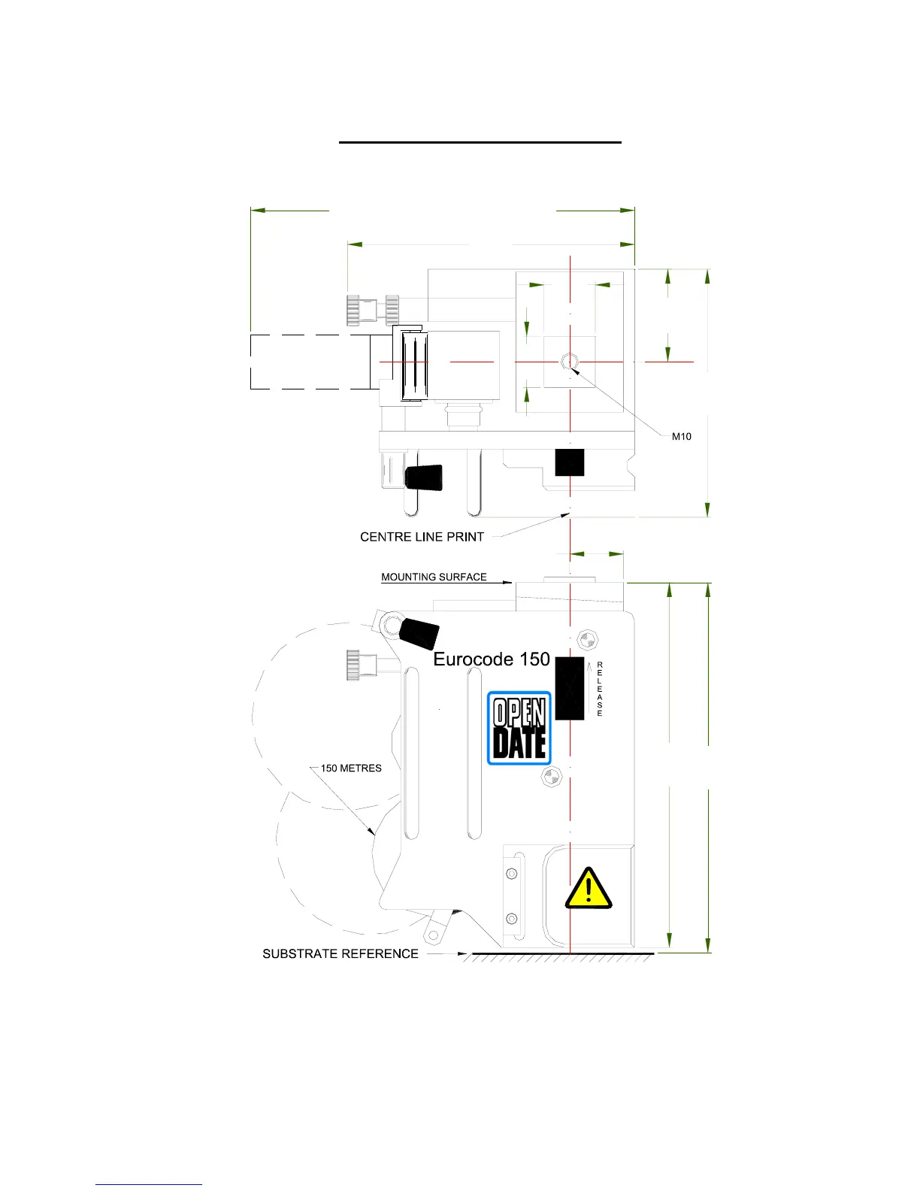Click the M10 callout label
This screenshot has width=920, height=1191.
[681, 436]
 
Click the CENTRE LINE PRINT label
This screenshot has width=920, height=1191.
[422, 537]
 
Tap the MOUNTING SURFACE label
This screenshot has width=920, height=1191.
[434, 577]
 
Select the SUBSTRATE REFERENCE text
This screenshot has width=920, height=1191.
[340, 953]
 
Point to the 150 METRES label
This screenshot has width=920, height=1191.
[351, 768]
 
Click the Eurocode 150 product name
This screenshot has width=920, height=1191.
[492, 659]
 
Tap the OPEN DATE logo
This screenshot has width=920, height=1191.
[519, 729]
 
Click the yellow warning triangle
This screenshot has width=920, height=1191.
[589, 888]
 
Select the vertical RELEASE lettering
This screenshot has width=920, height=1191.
[600, 689]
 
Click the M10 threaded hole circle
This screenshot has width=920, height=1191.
[570, 362]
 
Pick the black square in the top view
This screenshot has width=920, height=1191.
[570, 462]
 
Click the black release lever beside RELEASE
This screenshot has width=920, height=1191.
[570, 688]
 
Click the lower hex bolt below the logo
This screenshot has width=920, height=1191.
[552, 777]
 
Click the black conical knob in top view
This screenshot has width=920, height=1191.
[424, 477]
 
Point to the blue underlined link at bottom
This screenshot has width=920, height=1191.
[149, 1184]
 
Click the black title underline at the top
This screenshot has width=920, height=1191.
[480, 141]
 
